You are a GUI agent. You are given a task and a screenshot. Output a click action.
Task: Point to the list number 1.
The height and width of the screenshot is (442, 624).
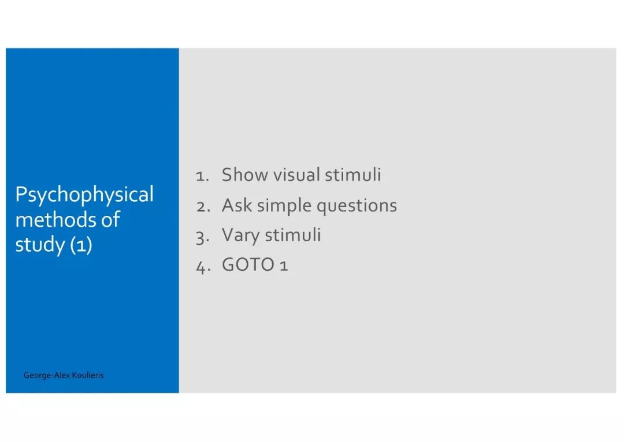(202, 176)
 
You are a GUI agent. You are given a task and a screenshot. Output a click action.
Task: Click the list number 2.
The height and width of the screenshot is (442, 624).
(203, 207)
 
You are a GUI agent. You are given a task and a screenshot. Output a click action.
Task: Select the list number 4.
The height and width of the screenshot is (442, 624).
(203, 267)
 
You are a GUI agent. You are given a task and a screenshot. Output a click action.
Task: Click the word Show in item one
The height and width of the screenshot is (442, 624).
(245, 175)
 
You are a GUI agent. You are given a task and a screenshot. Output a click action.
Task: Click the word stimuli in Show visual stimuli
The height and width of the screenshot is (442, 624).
(353, 175)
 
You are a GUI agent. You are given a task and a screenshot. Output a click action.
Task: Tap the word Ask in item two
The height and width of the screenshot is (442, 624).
(237, 205)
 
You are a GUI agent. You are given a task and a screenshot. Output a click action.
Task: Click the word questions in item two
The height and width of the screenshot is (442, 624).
(357, 207)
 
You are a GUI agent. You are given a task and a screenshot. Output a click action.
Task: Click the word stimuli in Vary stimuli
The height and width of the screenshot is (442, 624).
(293, 235)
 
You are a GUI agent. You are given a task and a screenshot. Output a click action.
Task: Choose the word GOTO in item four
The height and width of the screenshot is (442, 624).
(248, 264)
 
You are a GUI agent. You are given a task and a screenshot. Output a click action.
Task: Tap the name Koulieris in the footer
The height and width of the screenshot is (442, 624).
(88, 375)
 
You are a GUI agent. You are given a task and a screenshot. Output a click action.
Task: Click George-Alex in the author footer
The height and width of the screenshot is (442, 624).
(47, 375)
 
